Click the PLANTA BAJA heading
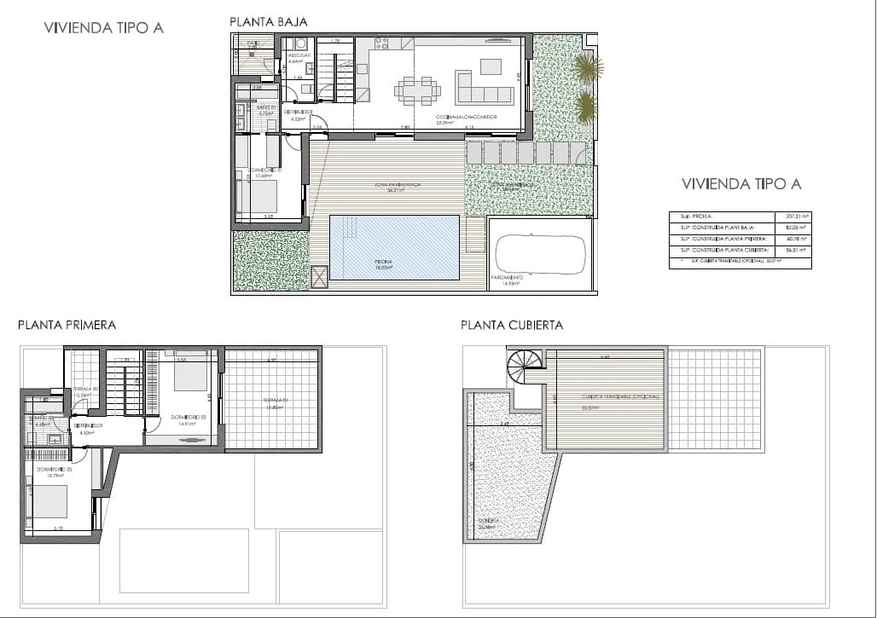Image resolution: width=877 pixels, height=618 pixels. click(x=269, y=21)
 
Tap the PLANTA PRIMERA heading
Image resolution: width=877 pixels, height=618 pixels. click(x=67, y=325)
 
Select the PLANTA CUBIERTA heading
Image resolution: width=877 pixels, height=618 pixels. click(x=512, y=325)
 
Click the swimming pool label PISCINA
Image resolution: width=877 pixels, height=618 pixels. click(x=383, y=262)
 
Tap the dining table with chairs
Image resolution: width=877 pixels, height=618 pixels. click(x=417, y=90)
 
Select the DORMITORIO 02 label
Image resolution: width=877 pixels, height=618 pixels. click(x=188, y=417)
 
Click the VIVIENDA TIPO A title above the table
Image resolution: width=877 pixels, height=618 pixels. click(x=741, y=183)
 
